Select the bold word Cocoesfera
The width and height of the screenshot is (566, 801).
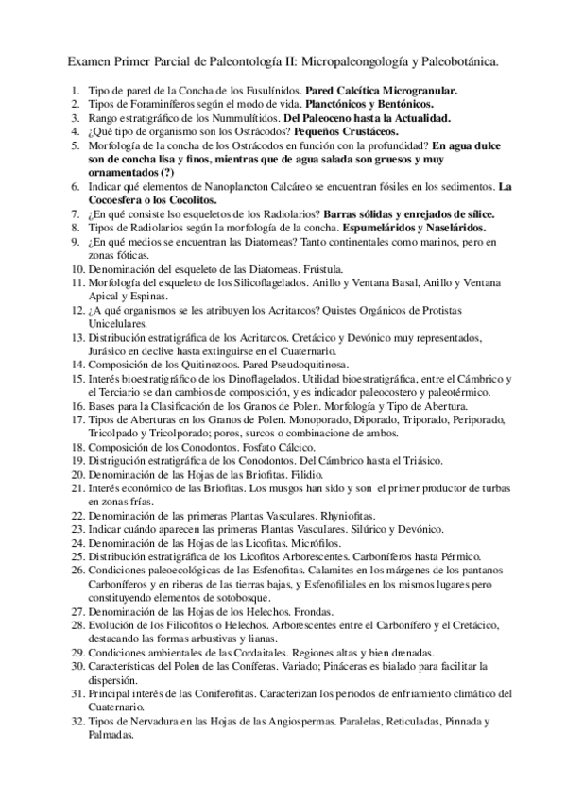(122, 201)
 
